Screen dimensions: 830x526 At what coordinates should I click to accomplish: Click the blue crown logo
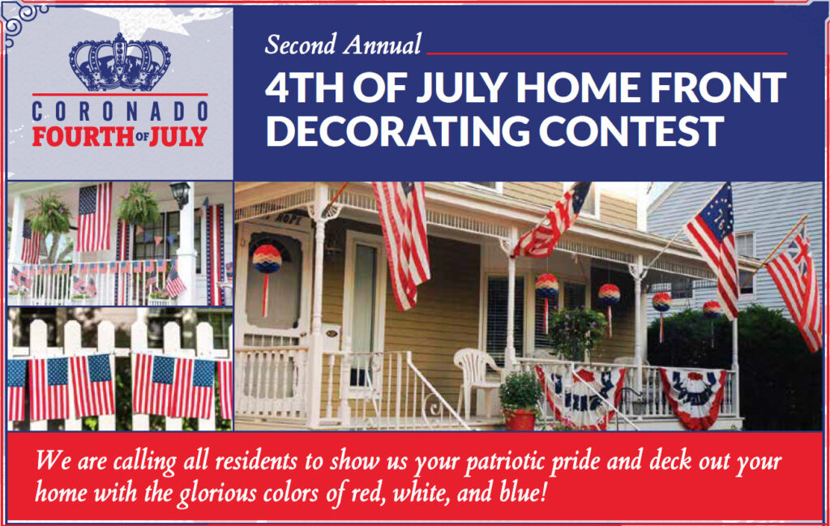pyautogui.click(x=120, y=62)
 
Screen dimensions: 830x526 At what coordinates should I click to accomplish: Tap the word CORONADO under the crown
pyautogui.click(x=120, y=112)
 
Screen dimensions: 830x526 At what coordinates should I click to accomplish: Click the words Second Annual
pyautogui.click(x=343, y=45)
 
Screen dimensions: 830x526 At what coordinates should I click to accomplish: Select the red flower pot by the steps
pyautogui.click(x=520, y=419)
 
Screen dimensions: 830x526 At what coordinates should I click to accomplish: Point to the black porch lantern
pyautogui.click(x=180, y=195)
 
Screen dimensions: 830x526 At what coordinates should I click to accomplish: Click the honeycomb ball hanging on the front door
pyautogui.click(x=267, y=259)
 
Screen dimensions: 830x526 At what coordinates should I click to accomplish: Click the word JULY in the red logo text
pyautogui.click(x=178, y=136)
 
